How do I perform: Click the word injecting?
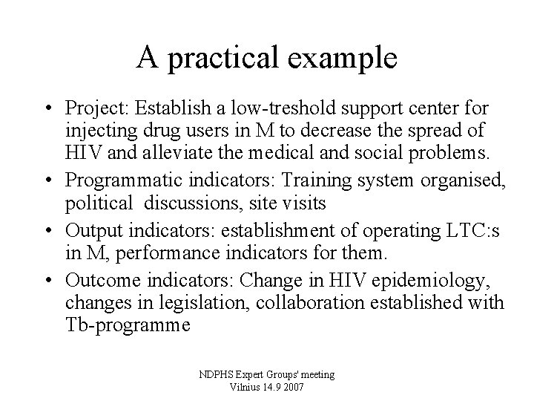(x=96, y=131)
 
